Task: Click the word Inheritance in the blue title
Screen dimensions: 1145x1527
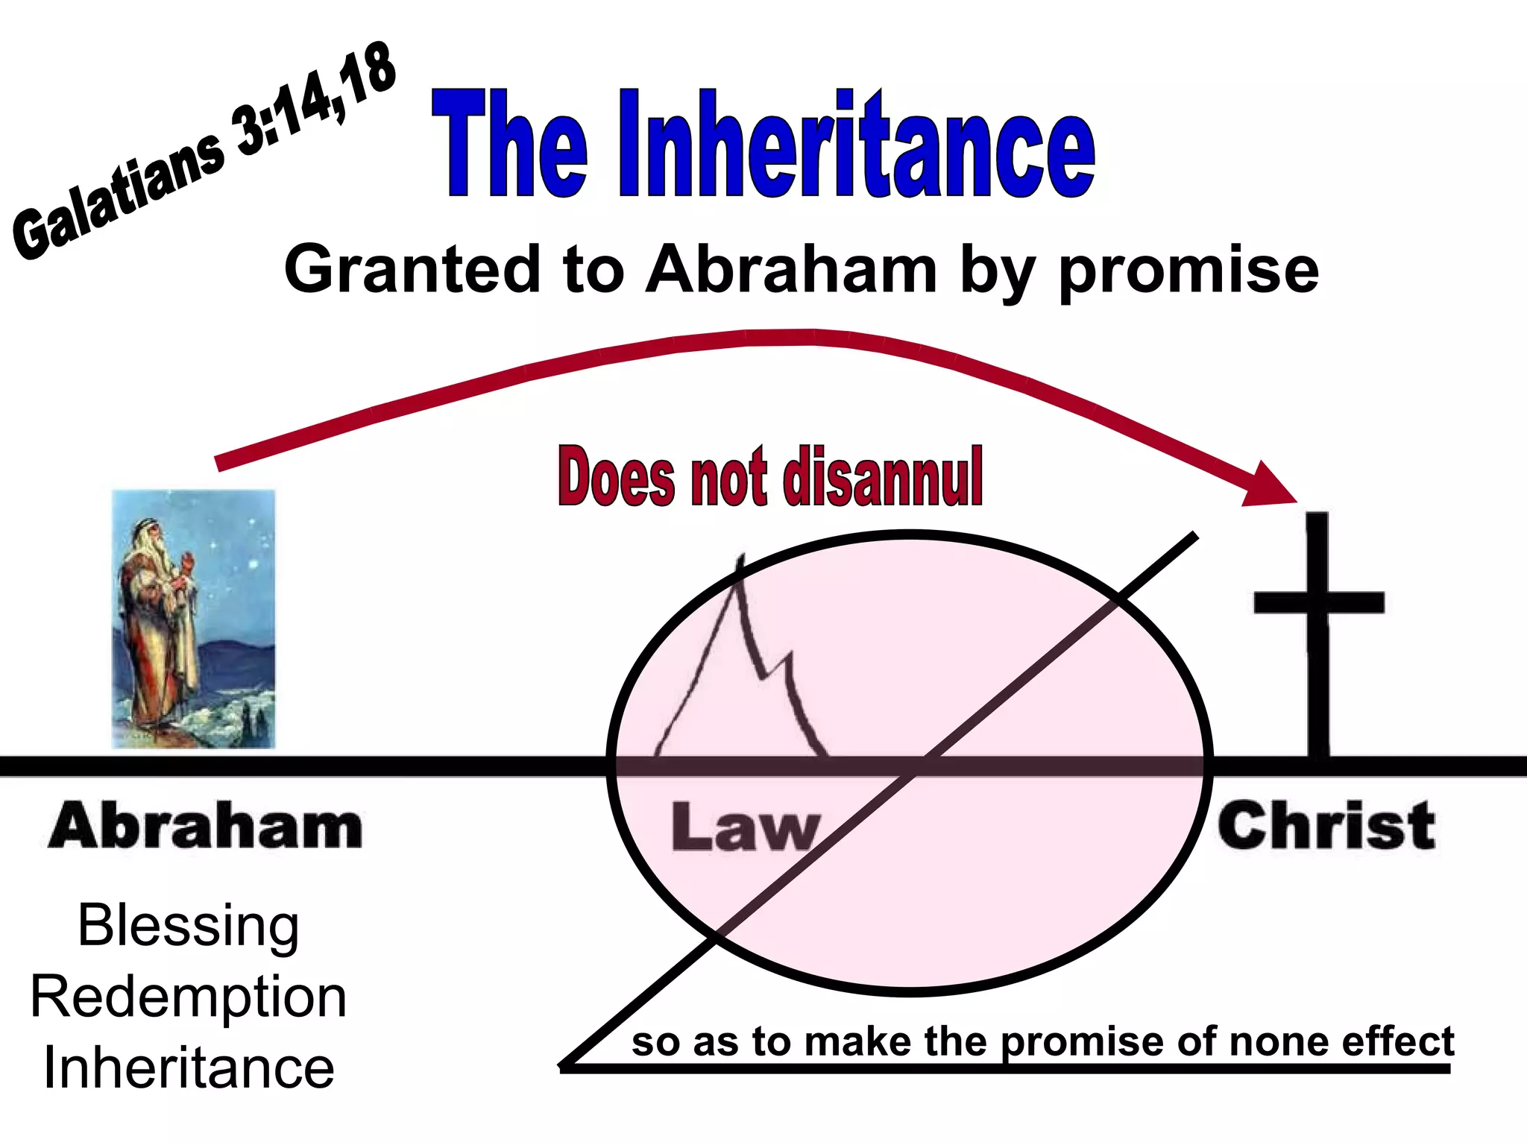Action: coord(857,145)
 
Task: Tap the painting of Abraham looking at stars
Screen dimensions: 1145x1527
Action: coord(194,619)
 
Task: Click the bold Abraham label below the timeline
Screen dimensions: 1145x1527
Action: coord(206,826)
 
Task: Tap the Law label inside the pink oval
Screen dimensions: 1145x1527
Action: coord(746,827)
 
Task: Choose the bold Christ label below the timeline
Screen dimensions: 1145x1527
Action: coord(1326,826)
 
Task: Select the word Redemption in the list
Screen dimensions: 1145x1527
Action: coord(189,997)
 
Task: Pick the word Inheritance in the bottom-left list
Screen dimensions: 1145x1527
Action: coord(189,1067)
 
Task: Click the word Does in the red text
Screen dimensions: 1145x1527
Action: coord(617,477)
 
